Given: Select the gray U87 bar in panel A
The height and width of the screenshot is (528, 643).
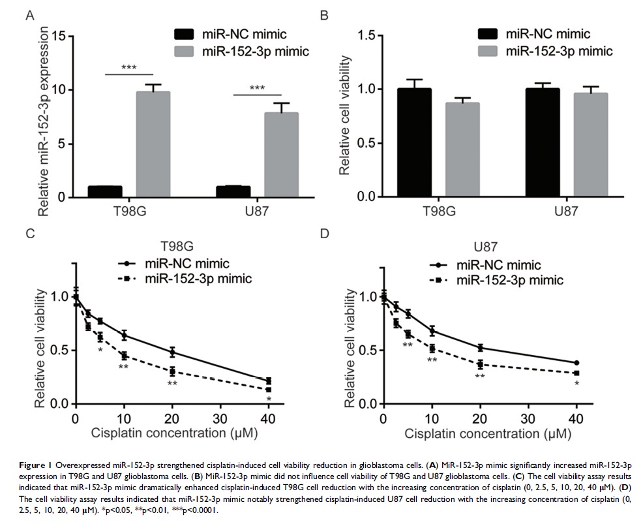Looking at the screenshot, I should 282,154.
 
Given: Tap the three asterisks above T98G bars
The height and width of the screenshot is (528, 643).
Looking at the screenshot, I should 128,68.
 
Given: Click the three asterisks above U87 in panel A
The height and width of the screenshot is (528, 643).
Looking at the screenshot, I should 258,89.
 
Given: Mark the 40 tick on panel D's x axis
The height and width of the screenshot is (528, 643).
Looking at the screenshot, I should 576,418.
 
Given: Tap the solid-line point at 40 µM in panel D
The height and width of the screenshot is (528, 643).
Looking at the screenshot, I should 576,363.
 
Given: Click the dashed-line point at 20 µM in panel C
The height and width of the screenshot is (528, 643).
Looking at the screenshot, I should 172,371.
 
